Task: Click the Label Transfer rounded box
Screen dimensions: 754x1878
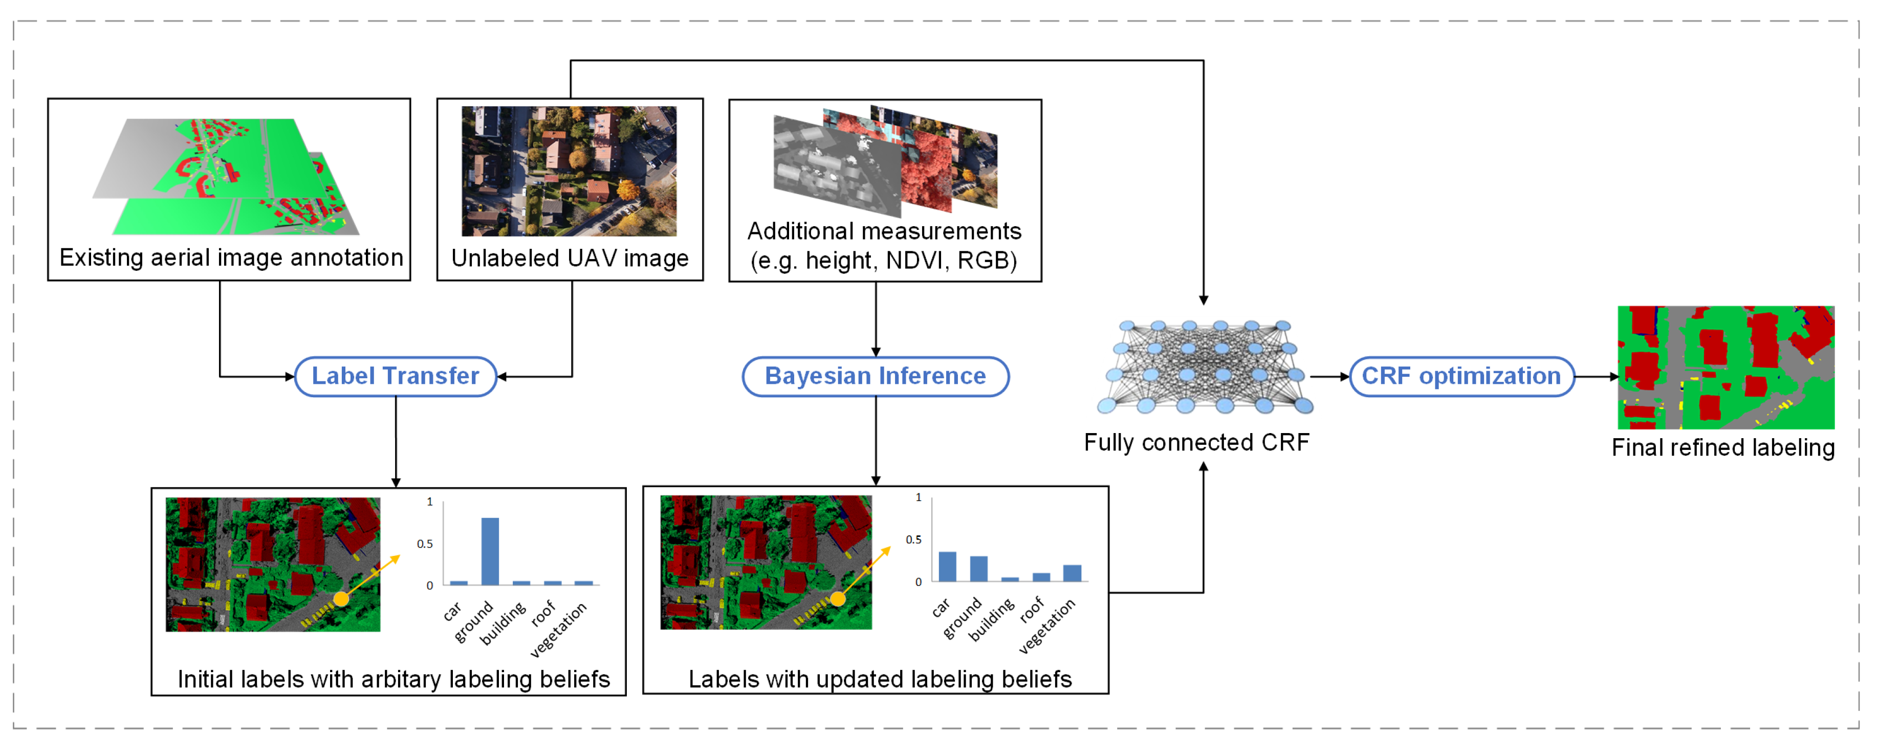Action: pos(395,376)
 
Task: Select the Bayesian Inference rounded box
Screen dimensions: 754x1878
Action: pos(875,376)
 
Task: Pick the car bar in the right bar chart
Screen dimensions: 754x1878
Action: pos(947,567)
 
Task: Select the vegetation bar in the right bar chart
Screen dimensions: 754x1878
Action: pos(1072,573)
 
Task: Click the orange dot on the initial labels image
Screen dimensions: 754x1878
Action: pos(341,599)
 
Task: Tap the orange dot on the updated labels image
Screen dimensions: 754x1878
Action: pos(838,599)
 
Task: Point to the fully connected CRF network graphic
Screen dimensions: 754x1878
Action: pos(1205,367)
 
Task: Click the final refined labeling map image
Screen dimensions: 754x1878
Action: pos(1725,367)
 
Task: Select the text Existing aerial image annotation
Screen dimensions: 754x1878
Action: pos(231,257)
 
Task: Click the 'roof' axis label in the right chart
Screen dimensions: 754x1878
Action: pos(1032,610)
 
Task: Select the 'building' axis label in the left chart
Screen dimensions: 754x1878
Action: pos(503,623)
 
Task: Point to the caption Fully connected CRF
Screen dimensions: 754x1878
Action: pos(1196,443)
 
